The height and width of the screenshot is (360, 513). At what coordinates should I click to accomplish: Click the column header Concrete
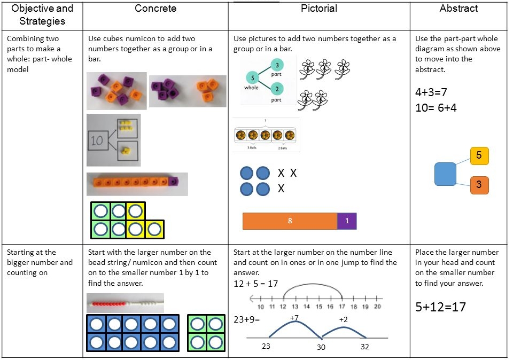tap(155, 8)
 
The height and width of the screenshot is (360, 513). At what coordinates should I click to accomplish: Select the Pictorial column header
tap(318, 8)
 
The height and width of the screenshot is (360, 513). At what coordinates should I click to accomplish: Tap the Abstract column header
tap(458, 8)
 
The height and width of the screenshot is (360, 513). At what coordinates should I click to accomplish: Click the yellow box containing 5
tap(479, 155)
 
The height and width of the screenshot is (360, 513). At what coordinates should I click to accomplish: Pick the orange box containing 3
tap(479, 185)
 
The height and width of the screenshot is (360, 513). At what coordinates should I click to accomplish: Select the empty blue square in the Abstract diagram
tap(445, 174)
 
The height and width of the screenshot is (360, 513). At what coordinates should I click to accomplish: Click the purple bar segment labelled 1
tap(347, 221)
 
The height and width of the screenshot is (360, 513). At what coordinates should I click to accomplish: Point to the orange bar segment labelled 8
tap(290, 221)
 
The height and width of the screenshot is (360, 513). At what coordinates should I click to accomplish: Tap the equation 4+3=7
tap(431, 92)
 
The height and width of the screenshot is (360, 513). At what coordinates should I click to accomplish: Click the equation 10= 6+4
tap(436, 108)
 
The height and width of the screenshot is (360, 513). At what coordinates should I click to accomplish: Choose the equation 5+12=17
tap(440, 307)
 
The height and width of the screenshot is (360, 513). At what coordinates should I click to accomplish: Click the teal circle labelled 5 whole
tap(253, 78)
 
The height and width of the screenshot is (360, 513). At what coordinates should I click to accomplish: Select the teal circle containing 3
tap(277, 65)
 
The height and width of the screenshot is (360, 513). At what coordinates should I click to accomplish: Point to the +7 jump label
tap(293, 318)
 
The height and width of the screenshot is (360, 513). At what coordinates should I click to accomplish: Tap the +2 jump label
tap(343, 319)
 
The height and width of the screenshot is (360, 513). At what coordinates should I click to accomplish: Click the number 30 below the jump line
tap(321, 347)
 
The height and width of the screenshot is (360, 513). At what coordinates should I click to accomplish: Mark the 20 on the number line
tap(377, 307)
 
